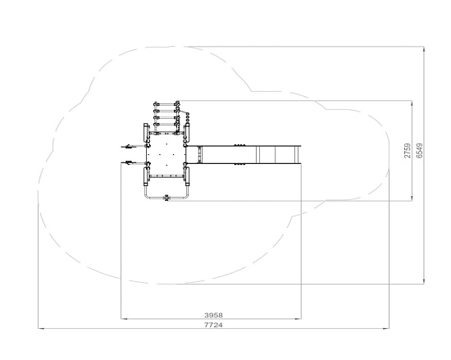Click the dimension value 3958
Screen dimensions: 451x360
tap(213, 315)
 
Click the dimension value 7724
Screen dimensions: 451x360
tap(213, 325)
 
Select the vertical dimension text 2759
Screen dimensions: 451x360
tap(408, 151)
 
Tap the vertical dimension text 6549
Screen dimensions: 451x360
tap(420, 151)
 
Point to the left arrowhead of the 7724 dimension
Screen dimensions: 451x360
tap(41, 328)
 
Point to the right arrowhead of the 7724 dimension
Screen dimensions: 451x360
tap(386, 328)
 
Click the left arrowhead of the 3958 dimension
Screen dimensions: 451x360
tap(124, 319)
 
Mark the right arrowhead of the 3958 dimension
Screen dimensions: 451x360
tap(298, 319)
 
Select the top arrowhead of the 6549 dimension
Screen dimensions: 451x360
tap(424, 49)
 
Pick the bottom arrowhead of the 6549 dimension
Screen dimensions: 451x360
tap(424, 280)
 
